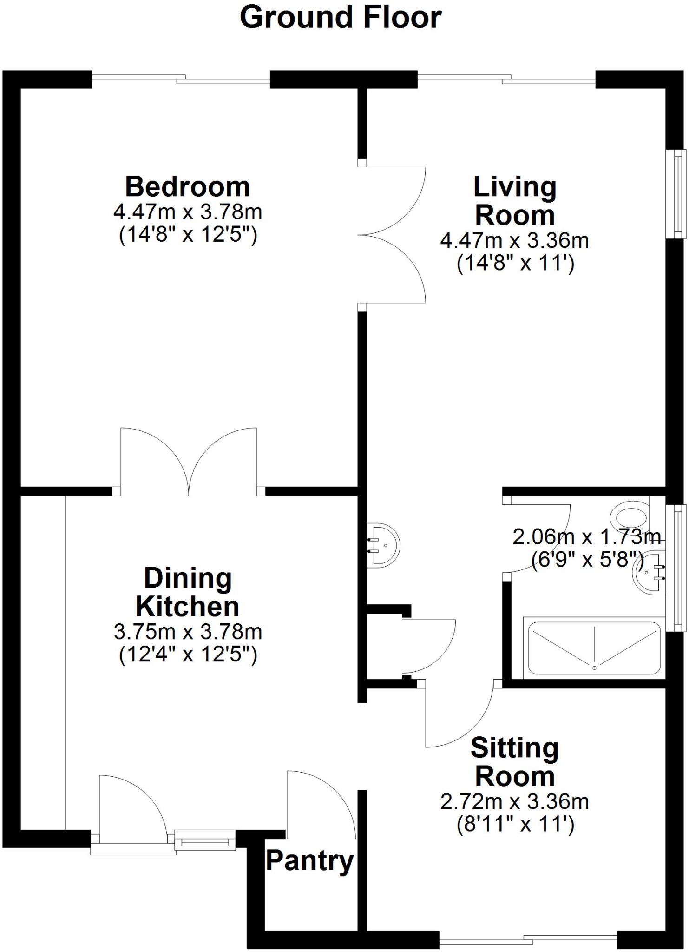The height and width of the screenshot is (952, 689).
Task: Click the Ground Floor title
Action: click(x=340, y=19)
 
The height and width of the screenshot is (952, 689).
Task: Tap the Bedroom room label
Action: click(x=187, y=187)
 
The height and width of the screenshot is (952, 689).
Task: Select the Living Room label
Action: click(x=515, y=201)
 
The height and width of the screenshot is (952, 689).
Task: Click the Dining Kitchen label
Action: click(x=187, y=593)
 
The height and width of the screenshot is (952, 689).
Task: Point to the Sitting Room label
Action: click(x=515, y=762)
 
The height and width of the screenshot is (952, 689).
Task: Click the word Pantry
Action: click(x=309, y=861)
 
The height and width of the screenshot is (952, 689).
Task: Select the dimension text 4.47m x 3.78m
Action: click(x=187, y=212)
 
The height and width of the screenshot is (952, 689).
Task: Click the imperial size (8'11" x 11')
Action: click(x=515, y=824)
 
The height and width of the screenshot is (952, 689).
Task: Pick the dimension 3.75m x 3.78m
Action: click(x=187, y=632)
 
